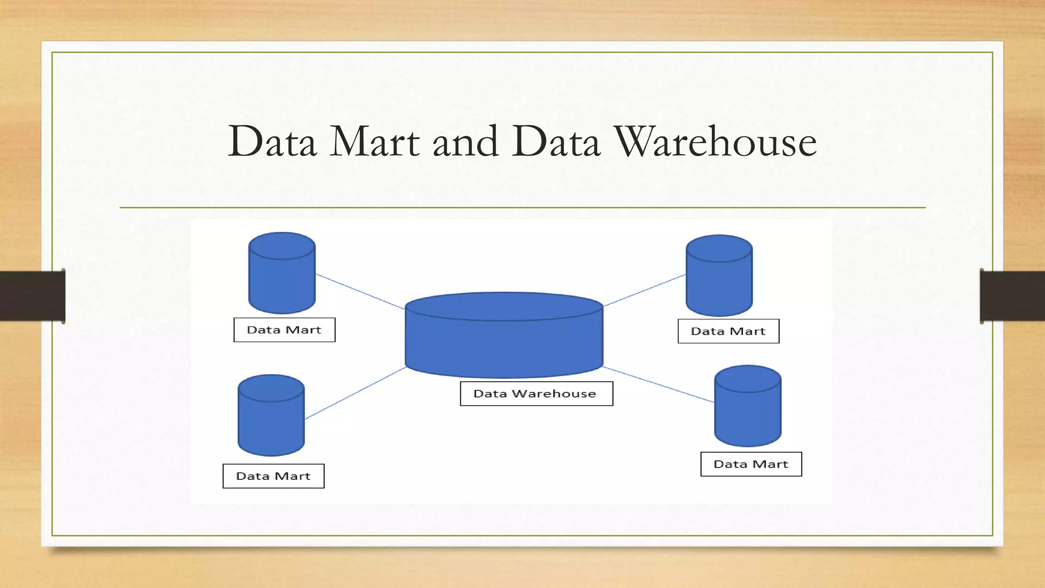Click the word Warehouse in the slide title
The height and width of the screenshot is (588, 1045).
click(715, 142)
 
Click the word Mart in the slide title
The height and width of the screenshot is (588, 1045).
click(375, 142)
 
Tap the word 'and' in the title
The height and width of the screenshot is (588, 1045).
click(465, 142)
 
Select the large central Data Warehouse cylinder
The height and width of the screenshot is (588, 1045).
click(504, 342)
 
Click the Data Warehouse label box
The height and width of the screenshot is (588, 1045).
click(536, 394)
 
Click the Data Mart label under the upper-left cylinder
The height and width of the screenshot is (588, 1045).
click(284, 330)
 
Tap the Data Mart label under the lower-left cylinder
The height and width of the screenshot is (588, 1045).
click(273, 476)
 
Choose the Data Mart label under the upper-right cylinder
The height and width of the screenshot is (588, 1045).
click(728, 331)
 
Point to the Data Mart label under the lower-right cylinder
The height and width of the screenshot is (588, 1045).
click(751, 464)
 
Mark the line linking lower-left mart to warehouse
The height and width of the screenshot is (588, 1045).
click(355, 393)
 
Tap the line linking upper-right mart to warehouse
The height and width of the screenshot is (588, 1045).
click(644, 290)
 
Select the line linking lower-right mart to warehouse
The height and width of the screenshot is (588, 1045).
click(658, 384)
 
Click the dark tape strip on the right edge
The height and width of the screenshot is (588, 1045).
click(1012, 296)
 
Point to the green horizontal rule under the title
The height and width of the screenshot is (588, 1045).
click(522, 208)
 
